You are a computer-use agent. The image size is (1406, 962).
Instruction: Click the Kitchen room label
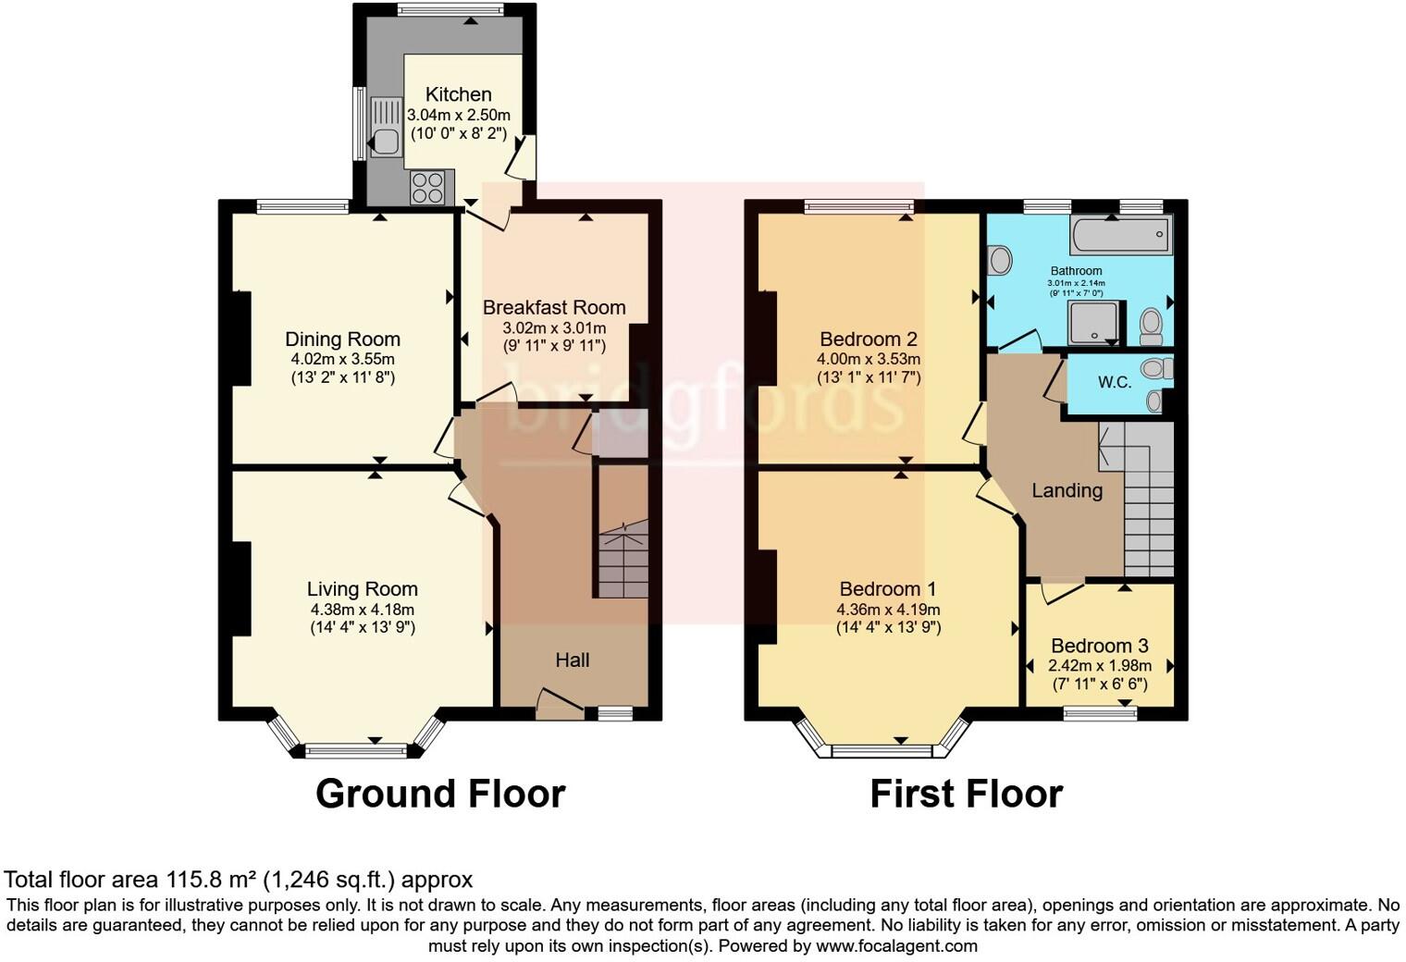coord(458,94)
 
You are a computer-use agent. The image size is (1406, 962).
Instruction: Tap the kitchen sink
coord(384,129)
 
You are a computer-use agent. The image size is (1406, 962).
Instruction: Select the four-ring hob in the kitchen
coord(428,188)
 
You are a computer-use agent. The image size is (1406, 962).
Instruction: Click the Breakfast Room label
coord(554,307)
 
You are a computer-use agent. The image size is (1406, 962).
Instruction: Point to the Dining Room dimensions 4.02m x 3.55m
coord(342,359)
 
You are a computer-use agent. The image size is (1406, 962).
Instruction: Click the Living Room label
coord(362,589)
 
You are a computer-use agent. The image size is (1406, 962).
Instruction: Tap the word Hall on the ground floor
coord(572,660)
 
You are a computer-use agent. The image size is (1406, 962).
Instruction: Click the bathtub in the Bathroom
coord(1120,235)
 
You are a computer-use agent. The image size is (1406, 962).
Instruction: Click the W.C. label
coord(1115,382)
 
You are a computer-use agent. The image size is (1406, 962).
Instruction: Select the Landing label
coord(1067,490)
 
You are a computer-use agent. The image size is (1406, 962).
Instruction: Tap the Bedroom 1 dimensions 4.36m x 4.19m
coord(887,610)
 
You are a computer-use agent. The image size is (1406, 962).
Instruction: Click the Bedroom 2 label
coord(868,339)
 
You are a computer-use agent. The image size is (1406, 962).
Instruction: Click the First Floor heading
coord(966,794)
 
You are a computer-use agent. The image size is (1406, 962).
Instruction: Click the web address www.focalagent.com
coord(896,946)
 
